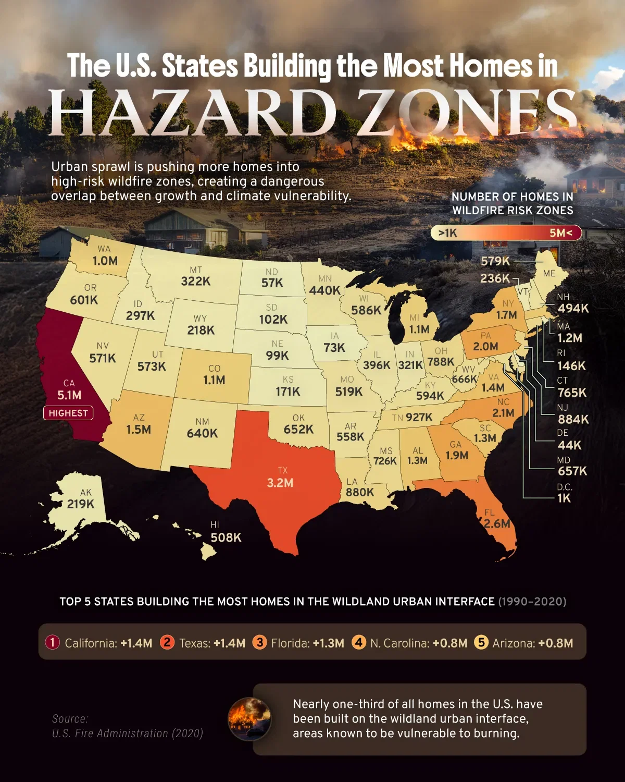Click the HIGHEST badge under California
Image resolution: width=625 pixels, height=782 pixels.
[68, 413]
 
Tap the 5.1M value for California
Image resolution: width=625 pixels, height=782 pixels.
[69, 395]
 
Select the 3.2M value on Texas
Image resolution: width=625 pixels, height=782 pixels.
[280, 483]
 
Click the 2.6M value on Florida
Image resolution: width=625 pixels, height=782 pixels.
[497, 523]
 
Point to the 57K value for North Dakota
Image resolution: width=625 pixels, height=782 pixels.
[272, 283]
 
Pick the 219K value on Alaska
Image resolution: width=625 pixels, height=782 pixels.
[81, 504]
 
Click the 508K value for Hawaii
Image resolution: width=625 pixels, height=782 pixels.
[226, 537]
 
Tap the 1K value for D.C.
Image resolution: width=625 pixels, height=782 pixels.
[564, 498]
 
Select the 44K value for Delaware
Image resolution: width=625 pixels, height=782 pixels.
[569, 445]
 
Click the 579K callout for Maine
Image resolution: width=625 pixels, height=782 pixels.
[495, 261]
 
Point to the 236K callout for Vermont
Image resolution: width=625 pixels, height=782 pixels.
[495, 278]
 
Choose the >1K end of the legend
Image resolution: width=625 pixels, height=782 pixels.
[447, 233]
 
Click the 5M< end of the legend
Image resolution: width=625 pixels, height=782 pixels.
[561, 233]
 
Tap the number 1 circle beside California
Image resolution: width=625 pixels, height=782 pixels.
[53, 642]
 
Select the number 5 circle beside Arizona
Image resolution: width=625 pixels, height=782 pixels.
[481, 642]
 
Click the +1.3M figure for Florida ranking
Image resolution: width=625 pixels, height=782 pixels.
[329, 643]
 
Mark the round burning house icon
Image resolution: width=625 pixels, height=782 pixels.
[249, 719]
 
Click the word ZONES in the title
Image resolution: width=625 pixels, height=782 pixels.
[469, 113]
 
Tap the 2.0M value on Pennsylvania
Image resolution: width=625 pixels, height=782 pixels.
[485, 347]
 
